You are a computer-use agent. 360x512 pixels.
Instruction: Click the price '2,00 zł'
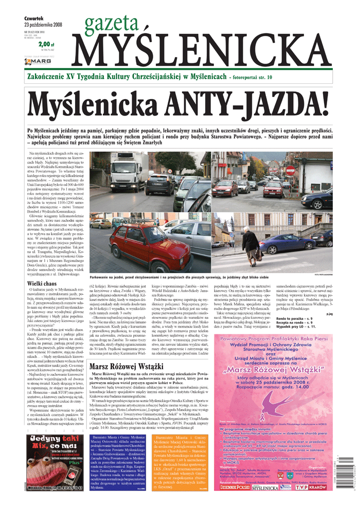46,45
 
